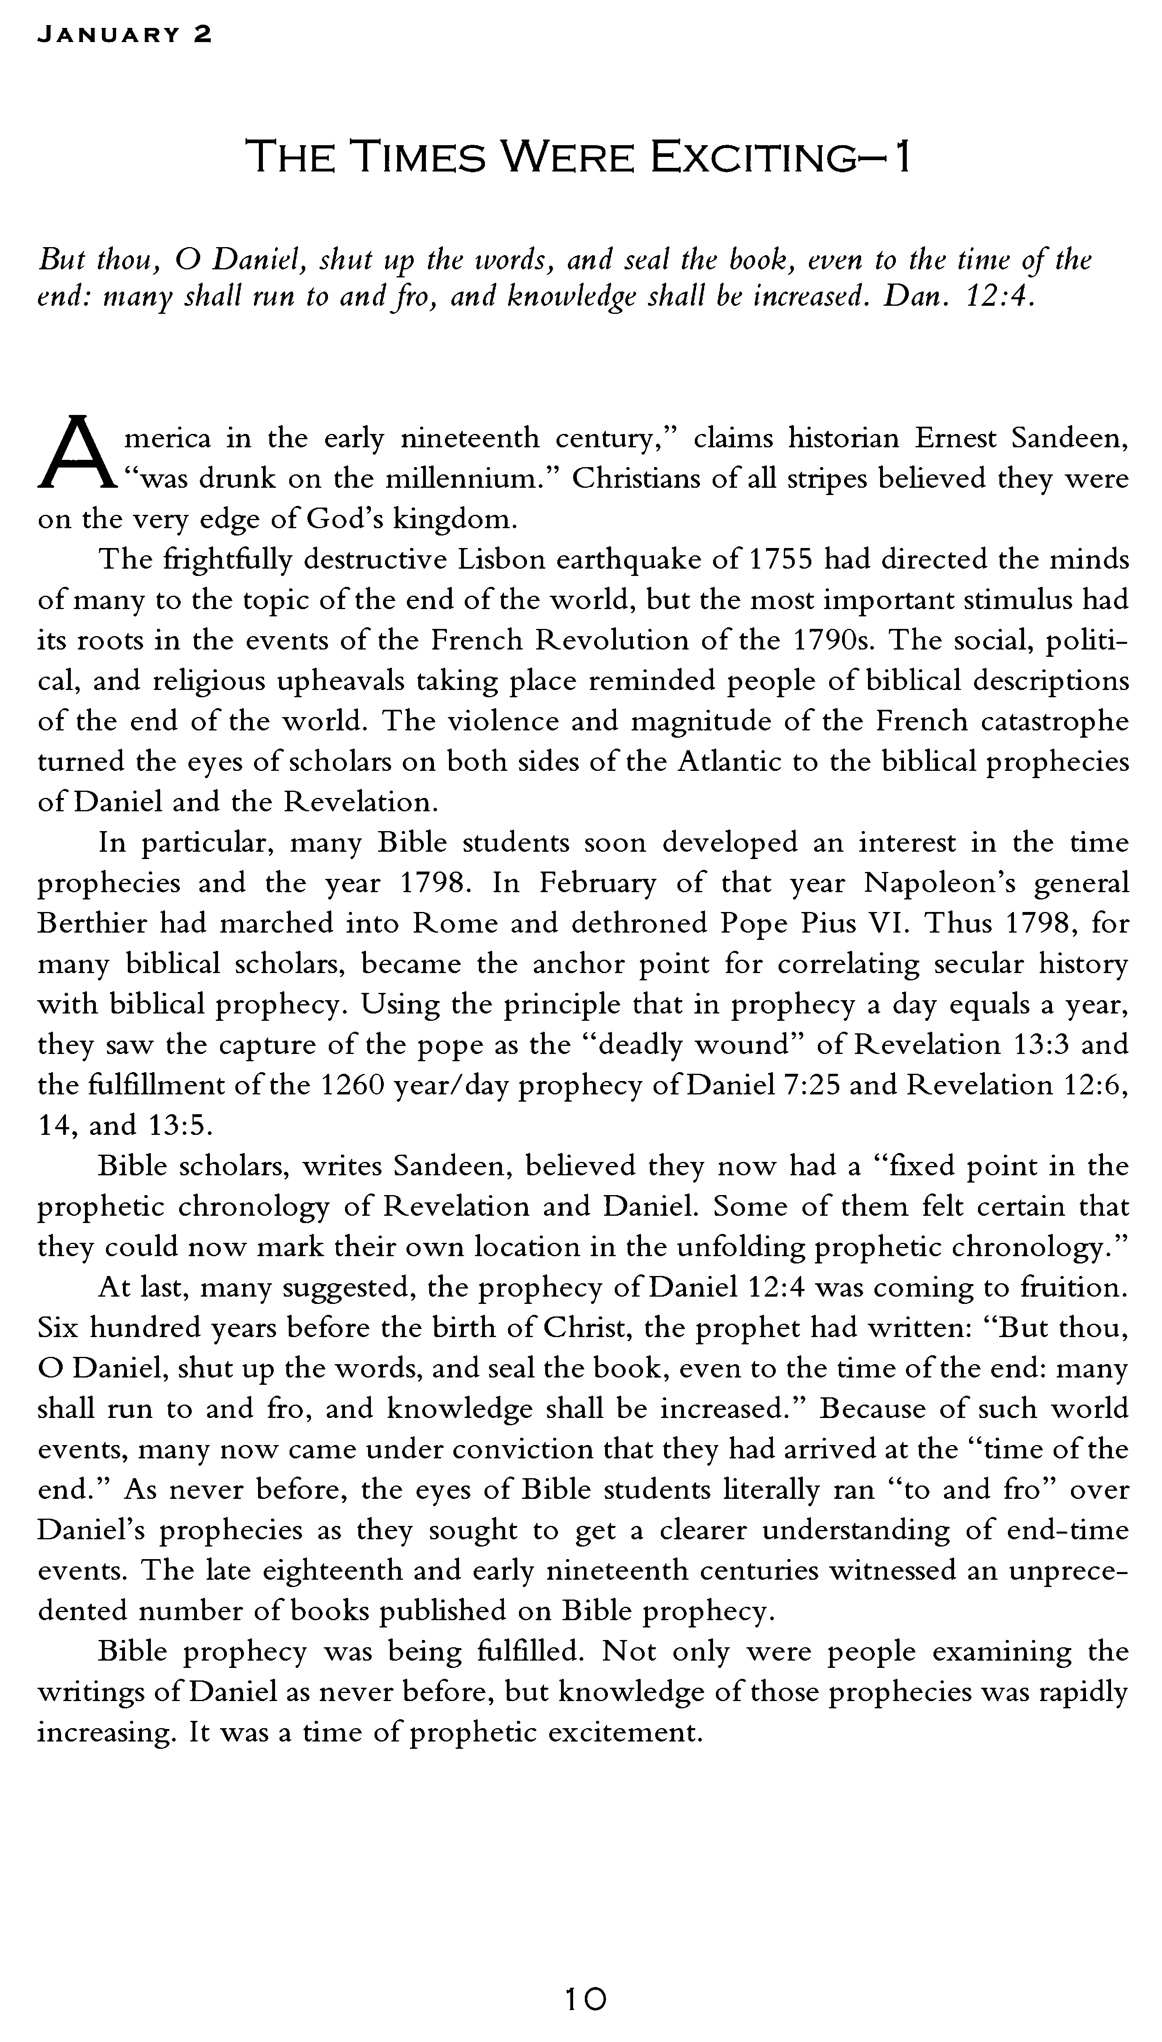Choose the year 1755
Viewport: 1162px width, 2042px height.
click(x=780, y=559)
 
